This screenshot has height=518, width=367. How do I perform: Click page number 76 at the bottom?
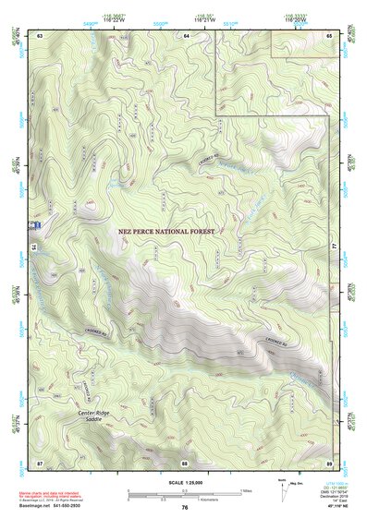tap(184, 508)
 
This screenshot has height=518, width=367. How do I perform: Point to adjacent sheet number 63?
tap(40, 34)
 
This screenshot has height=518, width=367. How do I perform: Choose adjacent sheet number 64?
tap(186, 34)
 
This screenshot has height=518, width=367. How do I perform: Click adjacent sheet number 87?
tap(40, 461)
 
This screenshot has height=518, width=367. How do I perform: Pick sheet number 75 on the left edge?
tap(33, 247)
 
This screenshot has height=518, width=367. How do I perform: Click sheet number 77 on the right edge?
tap(335, 247)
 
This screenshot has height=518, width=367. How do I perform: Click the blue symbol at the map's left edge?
tap(37, 224)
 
